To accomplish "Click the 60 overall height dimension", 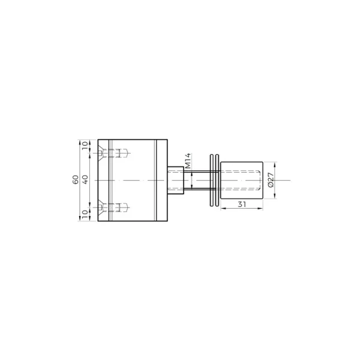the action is (76, 179).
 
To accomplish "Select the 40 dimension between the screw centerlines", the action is (85, 179).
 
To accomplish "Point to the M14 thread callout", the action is (188, 161).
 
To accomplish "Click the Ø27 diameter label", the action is (271, 180).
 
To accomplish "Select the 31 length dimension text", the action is (242, 204).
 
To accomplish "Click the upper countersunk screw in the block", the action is (113, 153).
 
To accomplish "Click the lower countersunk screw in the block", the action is (113, 208).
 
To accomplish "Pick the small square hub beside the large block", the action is (176, 181).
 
